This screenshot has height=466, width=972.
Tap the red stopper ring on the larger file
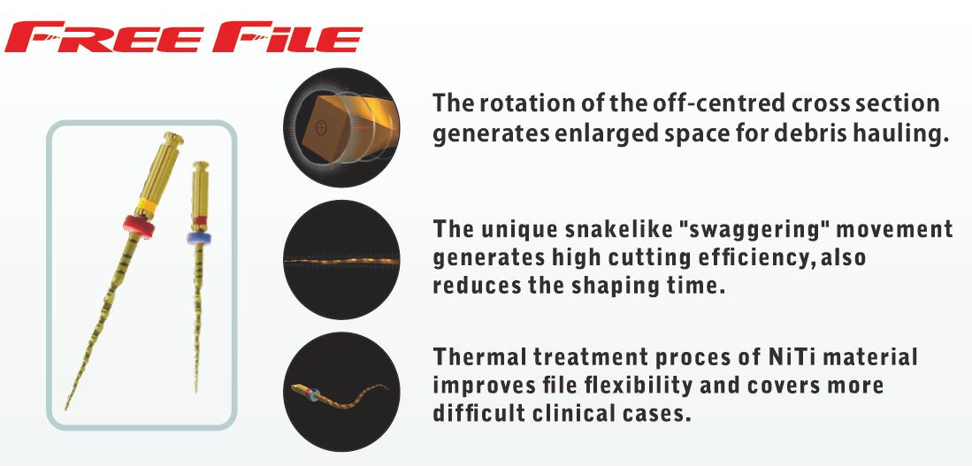pos(138,225)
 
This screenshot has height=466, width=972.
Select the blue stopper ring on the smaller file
pos(198,238)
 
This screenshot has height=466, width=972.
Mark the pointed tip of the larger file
pos(65,409)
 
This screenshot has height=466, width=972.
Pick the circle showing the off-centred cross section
pos(341,127)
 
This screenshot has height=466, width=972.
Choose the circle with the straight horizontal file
pos(341,260)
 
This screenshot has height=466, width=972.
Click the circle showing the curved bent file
pos(341,391)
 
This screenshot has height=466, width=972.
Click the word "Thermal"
pos(478,356)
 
